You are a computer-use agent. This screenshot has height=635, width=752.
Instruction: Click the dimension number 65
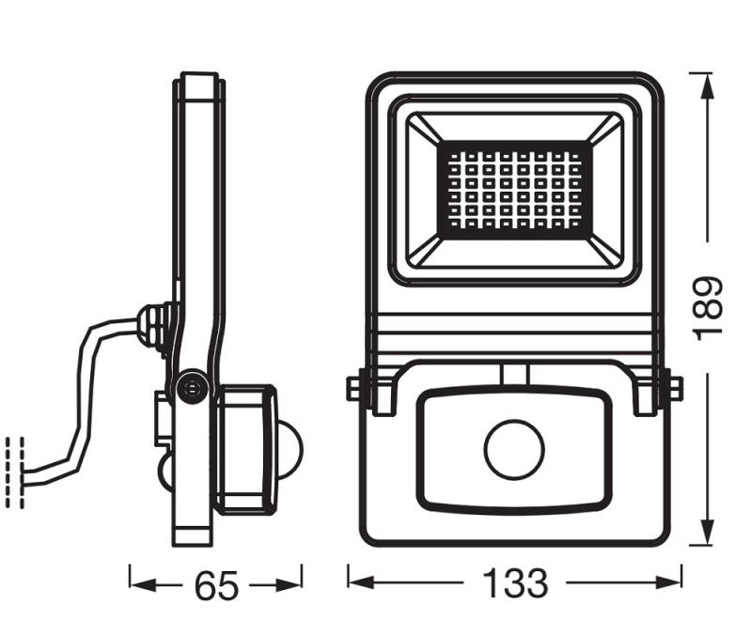(216, 586)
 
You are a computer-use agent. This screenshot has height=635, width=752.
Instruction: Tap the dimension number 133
(515, 583)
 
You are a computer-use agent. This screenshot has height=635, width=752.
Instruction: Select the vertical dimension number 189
(707, 308)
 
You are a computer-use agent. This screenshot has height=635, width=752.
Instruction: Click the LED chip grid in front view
(515, 189)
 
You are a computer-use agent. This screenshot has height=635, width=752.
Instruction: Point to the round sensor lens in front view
(514, 451)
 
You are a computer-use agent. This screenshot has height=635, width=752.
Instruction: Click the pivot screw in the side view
(193, 386)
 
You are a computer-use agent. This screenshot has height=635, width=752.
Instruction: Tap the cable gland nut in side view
(154, 325)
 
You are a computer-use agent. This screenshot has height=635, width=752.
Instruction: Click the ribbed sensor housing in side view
(246, 451)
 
